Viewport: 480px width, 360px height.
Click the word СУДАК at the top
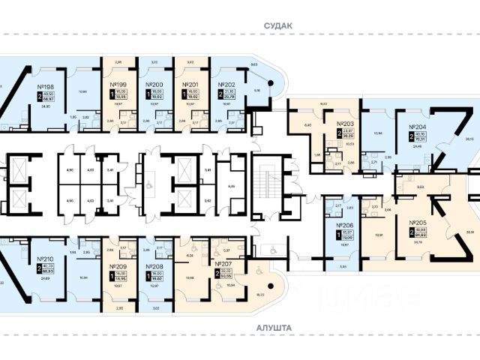(x=278, y=25)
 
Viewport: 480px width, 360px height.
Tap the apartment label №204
(x=417, y=127)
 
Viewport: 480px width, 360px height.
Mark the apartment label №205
(x=418, y=223)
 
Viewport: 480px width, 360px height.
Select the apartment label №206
(x=345, y=224)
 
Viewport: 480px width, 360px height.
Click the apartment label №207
(x=224, y=265)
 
